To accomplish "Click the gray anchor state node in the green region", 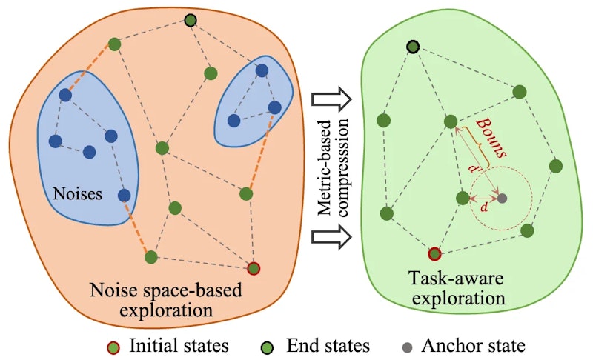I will (503, 199).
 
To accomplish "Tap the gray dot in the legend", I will (406, 345).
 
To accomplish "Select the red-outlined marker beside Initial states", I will (113, 345).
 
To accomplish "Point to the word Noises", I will (76, 194).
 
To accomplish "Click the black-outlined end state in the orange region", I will (191, 19).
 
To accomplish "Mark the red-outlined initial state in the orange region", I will (254, 268).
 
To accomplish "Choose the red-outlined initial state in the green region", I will (435, 254).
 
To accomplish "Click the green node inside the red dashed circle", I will (463, 198).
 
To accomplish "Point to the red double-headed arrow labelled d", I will (483, 199).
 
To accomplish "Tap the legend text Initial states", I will (179, 345).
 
